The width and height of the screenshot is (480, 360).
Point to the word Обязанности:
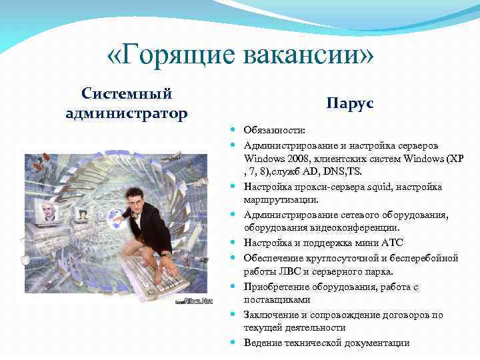tap(274, 131)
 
